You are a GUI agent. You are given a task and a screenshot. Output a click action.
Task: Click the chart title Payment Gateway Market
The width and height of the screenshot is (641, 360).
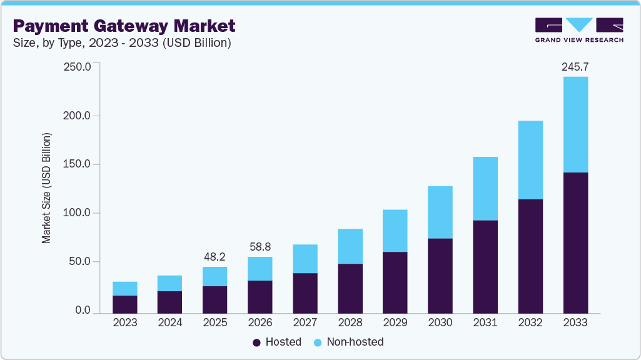124,26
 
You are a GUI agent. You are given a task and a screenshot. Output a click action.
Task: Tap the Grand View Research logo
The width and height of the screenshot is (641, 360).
579,29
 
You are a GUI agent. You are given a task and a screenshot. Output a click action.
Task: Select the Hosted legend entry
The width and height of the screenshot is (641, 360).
277,342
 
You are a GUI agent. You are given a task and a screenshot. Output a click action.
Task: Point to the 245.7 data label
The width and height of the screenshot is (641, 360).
575,66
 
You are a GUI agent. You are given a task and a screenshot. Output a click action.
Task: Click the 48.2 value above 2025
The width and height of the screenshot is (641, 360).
215,256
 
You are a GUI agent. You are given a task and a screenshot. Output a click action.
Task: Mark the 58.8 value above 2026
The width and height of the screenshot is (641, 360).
260,246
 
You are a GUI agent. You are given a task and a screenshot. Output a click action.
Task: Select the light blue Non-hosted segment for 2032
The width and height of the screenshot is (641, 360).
530,160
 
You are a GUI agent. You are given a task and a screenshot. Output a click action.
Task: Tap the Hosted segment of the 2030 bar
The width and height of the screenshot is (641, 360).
440,276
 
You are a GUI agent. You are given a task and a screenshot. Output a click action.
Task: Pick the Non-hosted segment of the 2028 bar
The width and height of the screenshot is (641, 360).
350,246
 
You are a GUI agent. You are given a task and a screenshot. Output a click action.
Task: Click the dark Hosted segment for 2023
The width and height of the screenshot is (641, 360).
125,304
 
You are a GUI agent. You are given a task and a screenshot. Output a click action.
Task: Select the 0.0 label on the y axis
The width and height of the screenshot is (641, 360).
83,311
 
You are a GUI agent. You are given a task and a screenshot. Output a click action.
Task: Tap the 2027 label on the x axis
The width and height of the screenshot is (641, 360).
305,322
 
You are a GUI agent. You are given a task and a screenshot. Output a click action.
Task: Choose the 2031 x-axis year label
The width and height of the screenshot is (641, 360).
485,322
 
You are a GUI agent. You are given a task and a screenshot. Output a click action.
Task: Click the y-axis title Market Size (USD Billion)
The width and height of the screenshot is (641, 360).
47,188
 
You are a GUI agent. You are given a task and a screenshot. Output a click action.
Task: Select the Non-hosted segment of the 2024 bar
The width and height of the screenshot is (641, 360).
170,283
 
